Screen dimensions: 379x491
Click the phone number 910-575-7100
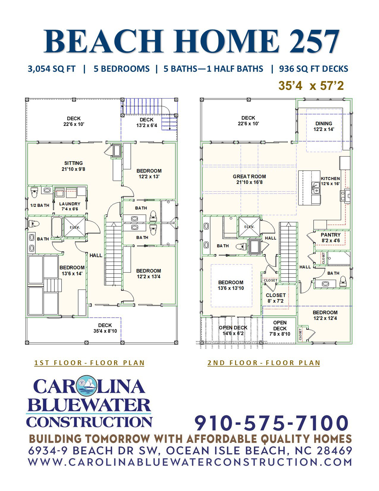point(271,423)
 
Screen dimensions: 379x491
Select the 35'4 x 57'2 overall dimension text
point(311,86)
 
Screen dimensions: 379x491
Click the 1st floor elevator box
point(75,227)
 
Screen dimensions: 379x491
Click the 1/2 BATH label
point(40,205)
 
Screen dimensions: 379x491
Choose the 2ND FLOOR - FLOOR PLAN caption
point(264,363)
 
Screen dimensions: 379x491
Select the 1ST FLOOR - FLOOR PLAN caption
point(89,363)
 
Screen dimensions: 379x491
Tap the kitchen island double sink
point(316,188)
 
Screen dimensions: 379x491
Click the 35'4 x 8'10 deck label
point(105,328)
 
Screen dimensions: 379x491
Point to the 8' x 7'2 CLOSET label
point(275,298)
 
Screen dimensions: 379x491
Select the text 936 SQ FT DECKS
point(314,69)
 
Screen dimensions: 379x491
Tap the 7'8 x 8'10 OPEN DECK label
point(280,328)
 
